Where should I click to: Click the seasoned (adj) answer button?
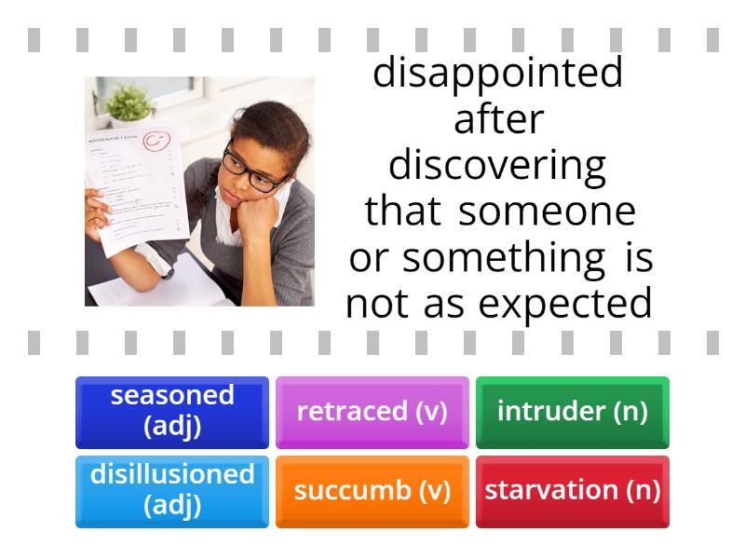coord(172,411)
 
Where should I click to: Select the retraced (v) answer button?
coord(372,411)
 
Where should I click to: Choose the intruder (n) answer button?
coord(572,411)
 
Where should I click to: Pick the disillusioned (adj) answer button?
coord(172,490)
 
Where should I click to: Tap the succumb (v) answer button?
coord(372,490)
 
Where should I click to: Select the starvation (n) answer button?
coord(572,490)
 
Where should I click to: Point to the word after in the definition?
coord(498,122)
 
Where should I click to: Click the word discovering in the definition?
coord(497,167)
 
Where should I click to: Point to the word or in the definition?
coord(368,259)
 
